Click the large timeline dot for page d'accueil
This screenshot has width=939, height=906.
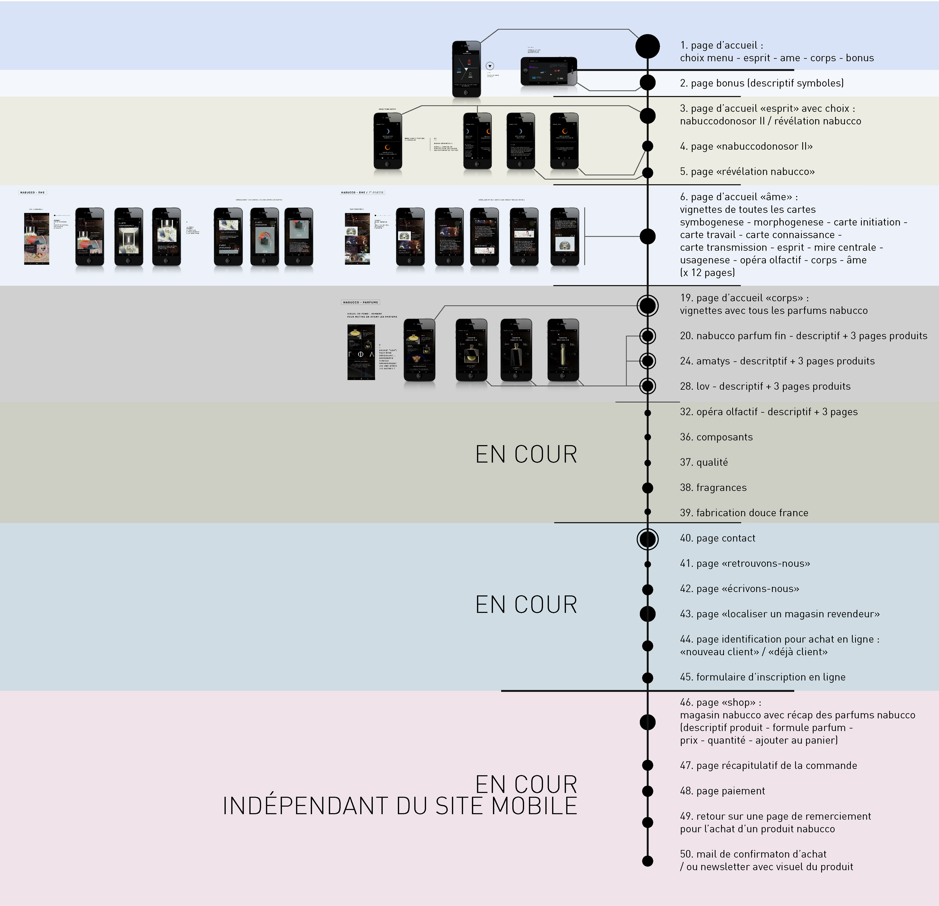click(x=647, y=46)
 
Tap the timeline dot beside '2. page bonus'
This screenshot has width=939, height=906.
click(x=647, y=82)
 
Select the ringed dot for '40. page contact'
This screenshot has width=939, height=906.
click(x=647, y=539)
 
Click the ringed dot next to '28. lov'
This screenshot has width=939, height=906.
click(x=647, y=385)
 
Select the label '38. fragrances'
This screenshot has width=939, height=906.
click(x=713, y=488)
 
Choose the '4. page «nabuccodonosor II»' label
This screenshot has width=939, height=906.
click(x=746, y=146)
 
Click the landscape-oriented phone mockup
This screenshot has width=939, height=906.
click(x=548, y=71)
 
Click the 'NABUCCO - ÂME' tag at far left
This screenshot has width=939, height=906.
click(x=33, y=192)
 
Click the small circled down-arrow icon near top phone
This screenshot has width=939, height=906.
click(x=490, y=66)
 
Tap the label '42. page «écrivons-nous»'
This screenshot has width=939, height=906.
click(x=739, y=589)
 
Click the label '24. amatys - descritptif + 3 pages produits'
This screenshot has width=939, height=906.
click(x=777, y=361)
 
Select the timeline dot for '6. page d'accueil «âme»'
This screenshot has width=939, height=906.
click(x=647, y=236)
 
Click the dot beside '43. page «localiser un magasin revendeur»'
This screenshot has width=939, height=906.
click(x=647, y=614)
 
